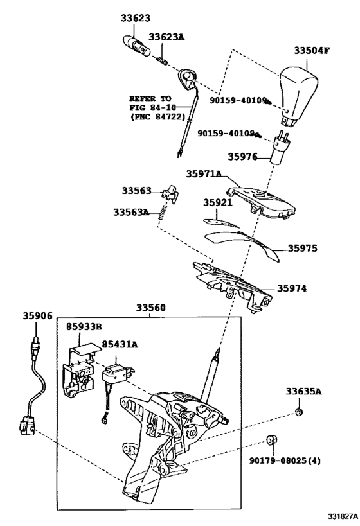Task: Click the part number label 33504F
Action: click(x=311, y=51)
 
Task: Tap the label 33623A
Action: click(x=166, y=37)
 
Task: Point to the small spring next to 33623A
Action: click(x=162, y=61)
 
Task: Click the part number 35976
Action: click(x=242, y=157)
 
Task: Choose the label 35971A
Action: click(x=204, y=174)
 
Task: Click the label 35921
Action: click(x=218, y=202)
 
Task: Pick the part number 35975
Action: click(x=303, y=249)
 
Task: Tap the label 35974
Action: click(x=292, y=288)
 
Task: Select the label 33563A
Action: click(x=131, y=213)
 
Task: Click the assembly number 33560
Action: click(x=151, y=308)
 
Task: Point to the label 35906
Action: click(x=38, y=316)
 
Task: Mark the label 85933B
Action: click(x=84, y=326)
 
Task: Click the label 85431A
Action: click(x=120, y=344)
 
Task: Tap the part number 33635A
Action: click(x=303, y=391)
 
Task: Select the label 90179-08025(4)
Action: click(x=285, y=460)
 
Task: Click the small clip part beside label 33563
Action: click(x=170, y=193)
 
